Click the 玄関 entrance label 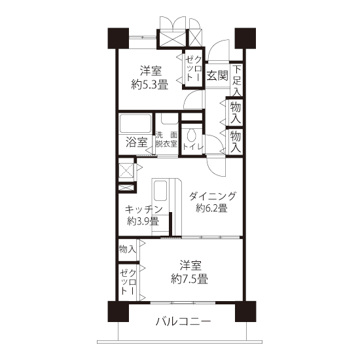(217, 75)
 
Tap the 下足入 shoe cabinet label (236, 81)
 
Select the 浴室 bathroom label (137, 142)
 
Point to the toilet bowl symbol (191, 135)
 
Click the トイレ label (193, 147)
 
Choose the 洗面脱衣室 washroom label (166, 139)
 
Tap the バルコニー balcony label (183, 321)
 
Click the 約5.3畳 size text (150, 85)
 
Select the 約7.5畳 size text (189, 279)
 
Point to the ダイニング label (212, 196)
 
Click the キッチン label (144, 209)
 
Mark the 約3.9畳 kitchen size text (143, 221)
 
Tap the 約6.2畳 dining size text (211, 208)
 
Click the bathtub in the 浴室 (135, 123)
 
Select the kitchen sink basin (160, 190)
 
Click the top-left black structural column (118, 39)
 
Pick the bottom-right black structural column (245, 312)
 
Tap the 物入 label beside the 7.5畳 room (128, 249)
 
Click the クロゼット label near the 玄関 (193, 68)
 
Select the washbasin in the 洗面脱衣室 (170, 119)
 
